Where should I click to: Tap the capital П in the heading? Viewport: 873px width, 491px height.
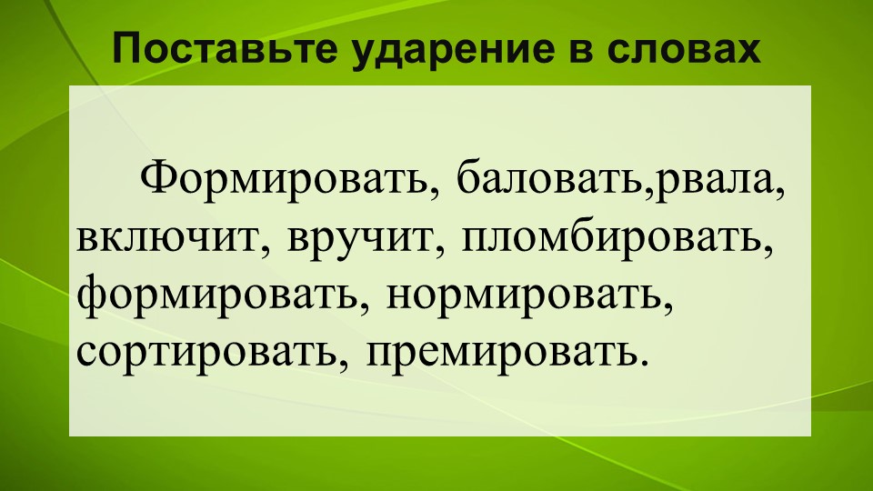pyautogui.click(x=125, y=51)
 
